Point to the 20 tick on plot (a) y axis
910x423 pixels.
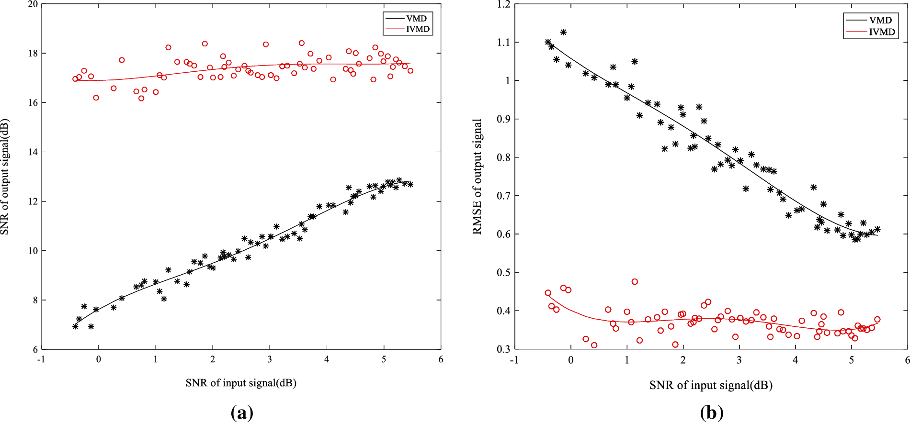33,4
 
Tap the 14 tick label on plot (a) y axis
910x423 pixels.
33,152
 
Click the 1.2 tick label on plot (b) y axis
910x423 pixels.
503,4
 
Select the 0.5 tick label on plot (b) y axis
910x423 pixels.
503,273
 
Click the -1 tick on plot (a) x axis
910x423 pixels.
42,359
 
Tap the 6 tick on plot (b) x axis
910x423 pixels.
907,360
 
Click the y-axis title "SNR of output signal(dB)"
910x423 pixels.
5,177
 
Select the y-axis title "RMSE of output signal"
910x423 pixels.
477,177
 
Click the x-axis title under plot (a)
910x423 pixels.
241,383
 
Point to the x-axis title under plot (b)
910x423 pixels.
711,385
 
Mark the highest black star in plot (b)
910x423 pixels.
563,32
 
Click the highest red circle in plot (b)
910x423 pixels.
635,282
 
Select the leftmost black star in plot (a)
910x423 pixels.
75,326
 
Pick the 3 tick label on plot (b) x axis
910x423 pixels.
739,360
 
